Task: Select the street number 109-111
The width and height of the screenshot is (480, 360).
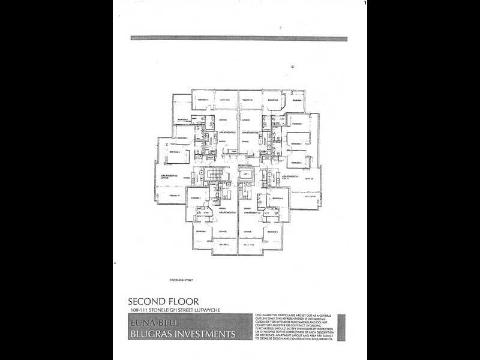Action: (140, 310)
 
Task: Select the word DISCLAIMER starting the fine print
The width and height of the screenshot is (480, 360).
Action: (265, 314)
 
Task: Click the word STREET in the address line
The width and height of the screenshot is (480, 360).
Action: (182, 310)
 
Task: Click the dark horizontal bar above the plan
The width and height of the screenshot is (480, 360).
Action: (239, 38)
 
